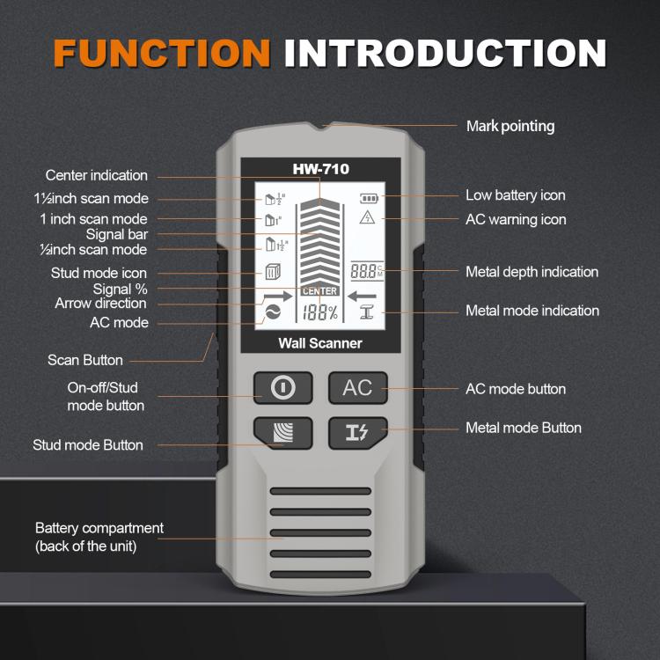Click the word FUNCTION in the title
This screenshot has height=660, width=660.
[x=162, y=52]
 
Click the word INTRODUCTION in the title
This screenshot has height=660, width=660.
[x=444, y=52]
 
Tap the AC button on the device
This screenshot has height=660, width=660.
[x=358, y=387]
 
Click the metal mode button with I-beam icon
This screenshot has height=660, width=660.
[x=358, y=431]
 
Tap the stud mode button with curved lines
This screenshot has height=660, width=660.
[x=282, y=432]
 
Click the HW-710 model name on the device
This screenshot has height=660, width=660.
[x=320, y=169]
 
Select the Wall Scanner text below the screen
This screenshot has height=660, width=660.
[x=320, y=343]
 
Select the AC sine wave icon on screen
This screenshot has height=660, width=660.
[x=268, y=313]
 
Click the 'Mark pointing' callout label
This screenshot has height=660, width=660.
[x=510, y=126]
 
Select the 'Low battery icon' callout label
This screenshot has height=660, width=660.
[x=515, y=195]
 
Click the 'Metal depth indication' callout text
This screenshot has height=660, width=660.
[x=532, y=272]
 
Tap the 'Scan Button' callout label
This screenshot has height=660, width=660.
[x=84, y=360]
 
